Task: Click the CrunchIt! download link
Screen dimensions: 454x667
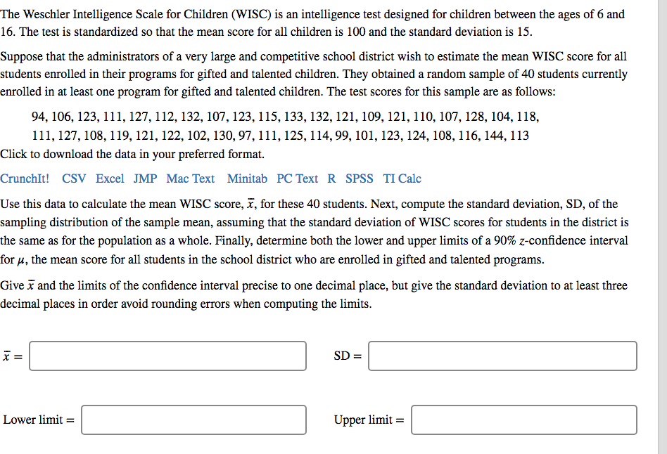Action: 25,179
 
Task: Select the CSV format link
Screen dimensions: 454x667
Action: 74,179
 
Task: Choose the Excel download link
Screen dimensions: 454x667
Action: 110,179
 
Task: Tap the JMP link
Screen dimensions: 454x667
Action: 146,179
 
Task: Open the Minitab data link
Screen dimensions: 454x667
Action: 247,179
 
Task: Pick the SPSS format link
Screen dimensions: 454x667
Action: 360,179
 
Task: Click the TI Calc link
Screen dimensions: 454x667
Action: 402,179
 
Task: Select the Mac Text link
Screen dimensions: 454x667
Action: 191,179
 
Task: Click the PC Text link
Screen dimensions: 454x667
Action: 297,179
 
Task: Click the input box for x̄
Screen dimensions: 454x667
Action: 167,356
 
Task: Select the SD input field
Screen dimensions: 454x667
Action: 502,356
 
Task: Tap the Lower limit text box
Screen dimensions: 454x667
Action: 193,420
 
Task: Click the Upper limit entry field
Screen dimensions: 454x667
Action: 524,420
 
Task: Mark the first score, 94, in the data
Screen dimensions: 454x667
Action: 39,117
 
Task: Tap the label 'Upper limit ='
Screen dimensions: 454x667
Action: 369,420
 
